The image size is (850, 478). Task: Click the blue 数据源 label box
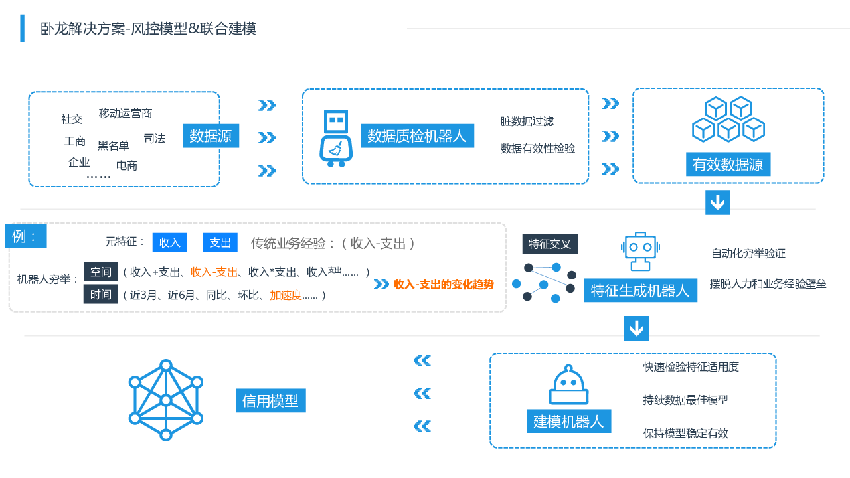211,136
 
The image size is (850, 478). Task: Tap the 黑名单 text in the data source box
114,145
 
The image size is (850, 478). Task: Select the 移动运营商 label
126,114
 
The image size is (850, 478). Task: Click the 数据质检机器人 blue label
417,136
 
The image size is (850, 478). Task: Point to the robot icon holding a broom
336,138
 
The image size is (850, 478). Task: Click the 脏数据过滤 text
527,121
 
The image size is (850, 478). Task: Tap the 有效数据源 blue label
728,164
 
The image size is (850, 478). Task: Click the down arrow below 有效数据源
717,202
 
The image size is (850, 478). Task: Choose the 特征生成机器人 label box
640,290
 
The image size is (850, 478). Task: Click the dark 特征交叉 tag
550,244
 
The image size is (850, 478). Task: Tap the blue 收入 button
170,242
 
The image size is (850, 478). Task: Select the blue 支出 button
220,242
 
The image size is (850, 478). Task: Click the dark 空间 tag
101,272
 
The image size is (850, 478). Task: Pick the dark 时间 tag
101,294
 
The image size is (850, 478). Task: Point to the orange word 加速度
286,295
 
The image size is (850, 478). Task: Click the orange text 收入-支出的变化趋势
444,284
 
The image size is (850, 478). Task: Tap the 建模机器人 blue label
568,421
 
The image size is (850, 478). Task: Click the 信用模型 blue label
270,400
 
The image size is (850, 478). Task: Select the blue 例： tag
26,236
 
